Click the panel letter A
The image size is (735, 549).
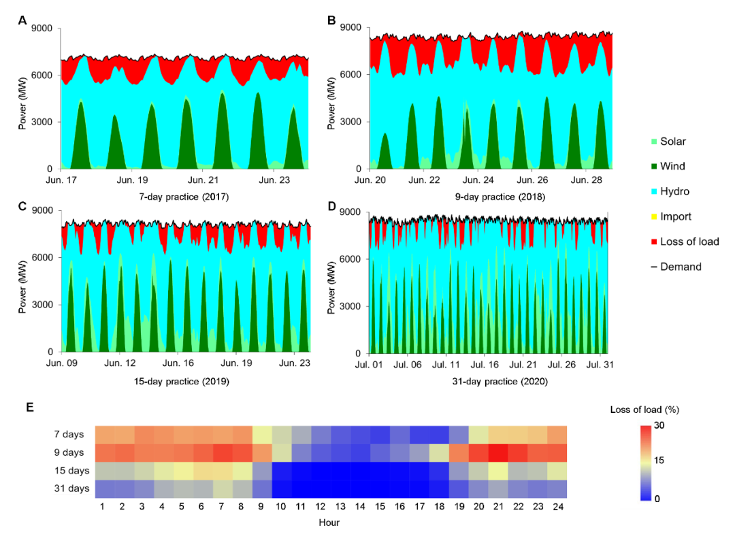tap(22, 20)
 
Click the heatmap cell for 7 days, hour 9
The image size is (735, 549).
tap(262, 434)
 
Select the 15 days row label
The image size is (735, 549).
tap(70, 471)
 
